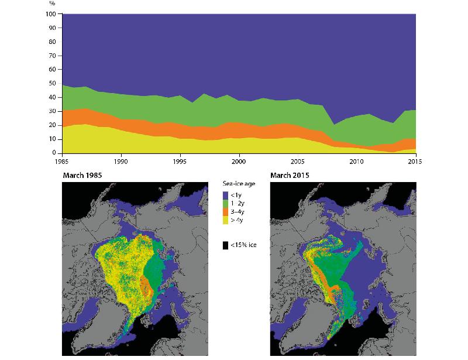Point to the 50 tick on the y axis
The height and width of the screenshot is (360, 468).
[x=51, y=83]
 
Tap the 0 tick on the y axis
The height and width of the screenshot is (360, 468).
[x=53, y=153]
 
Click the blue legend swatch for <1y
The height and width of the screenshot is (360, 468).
[x=226, y=196]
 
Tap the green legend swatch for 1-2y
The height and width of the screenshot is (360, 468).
[x=226, y=203]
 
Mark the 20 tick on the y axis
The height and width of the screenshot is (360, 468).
[x=51, y=125]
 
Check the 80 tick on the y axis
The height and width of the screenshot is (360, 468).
[x=51, y=42]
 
